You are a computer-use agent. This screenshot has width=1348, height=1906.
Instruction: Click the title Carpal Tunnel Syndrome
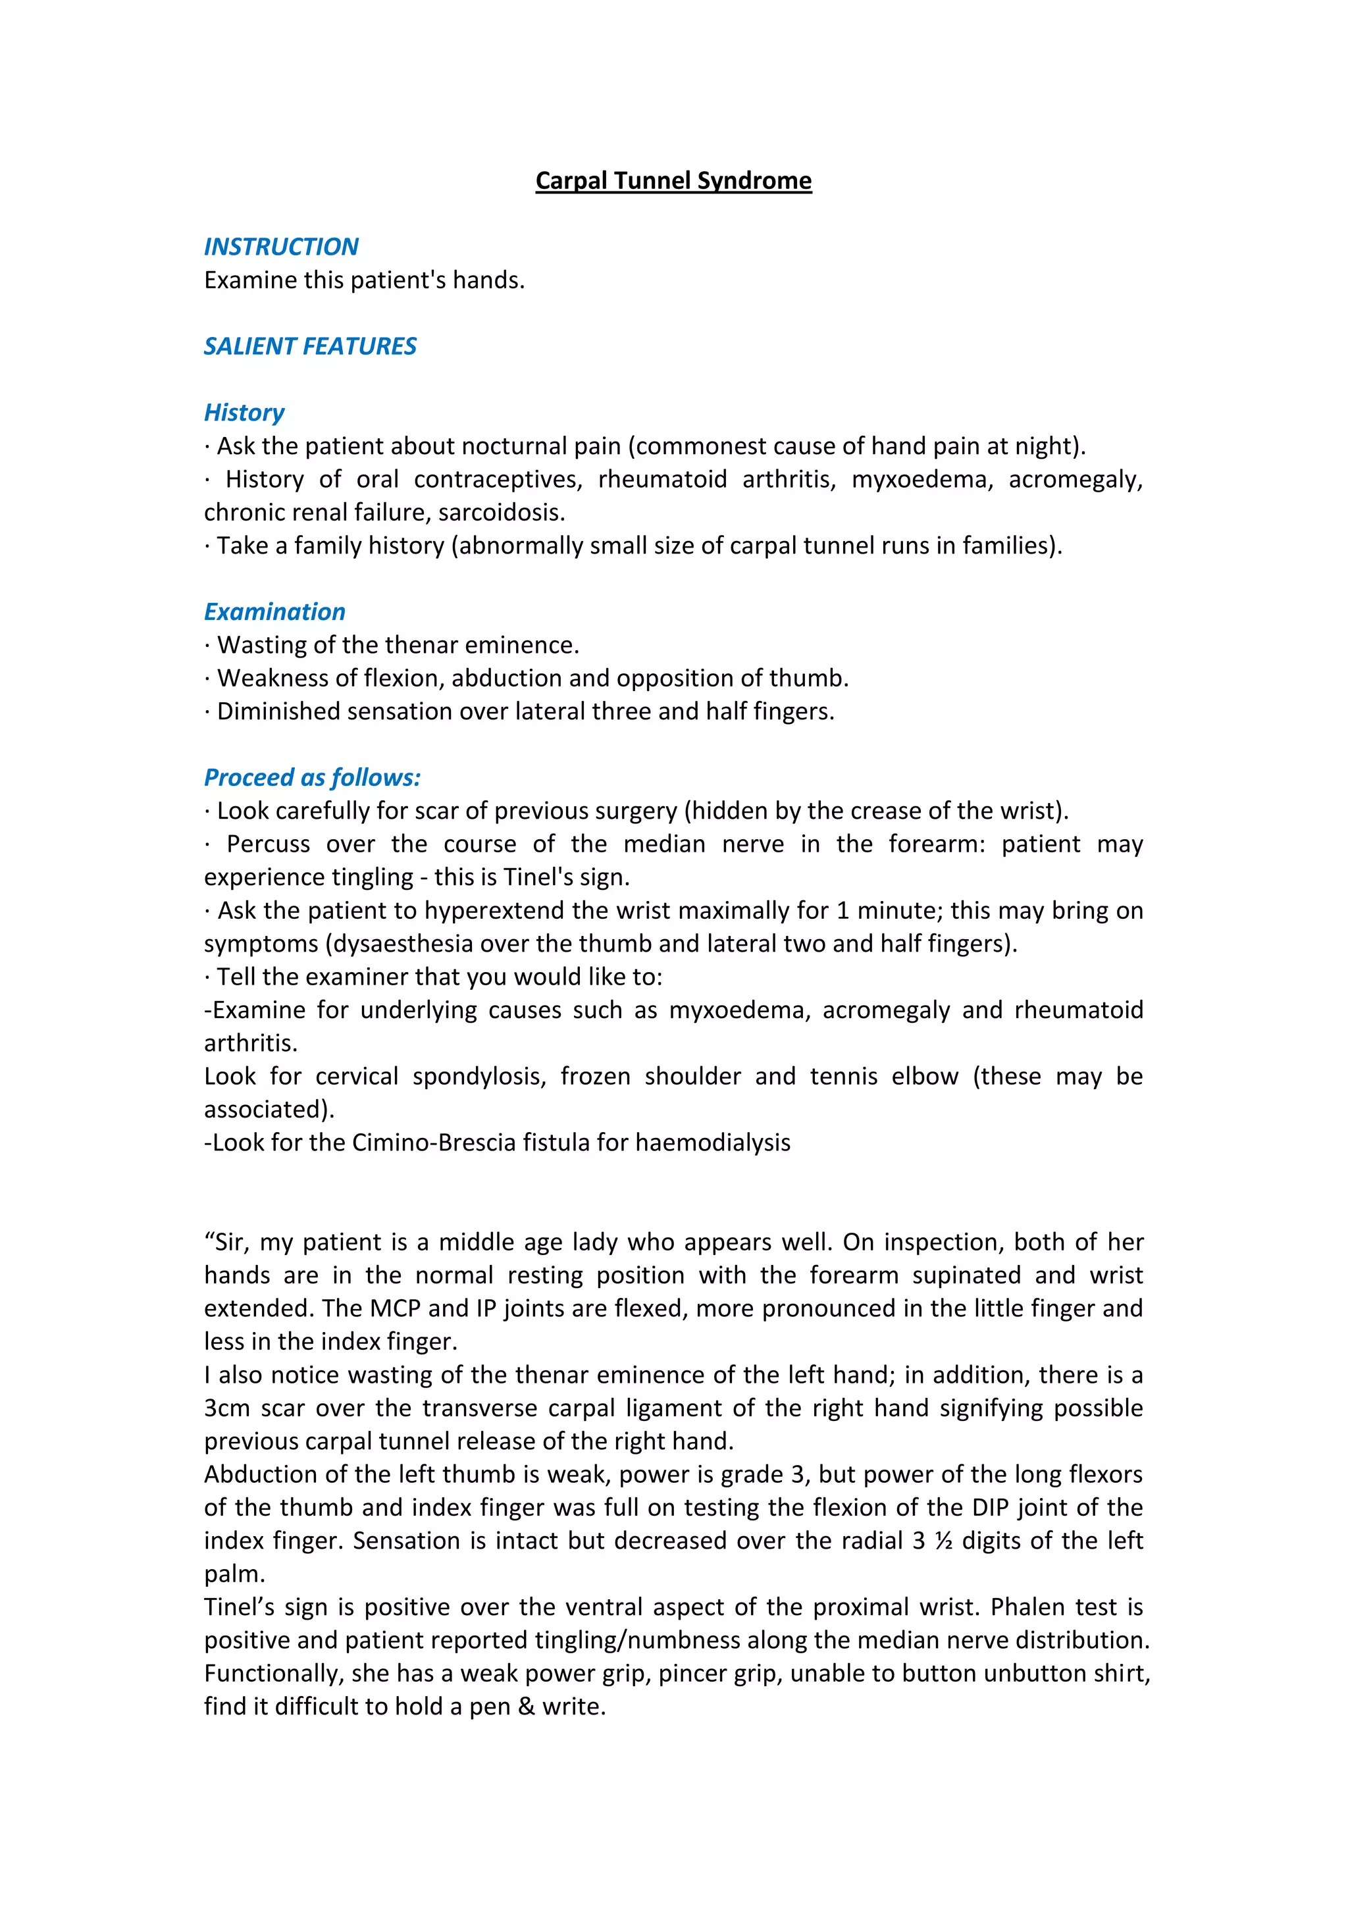[673, 180]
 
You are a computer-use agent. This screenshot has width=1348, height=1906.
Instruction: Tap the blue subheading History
[244, 413]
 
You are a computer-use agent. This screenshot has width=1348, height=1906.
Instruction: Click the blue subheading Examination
[274, 612]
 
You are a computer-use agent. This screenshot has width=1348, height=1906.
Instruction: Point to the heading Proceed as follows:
[312, 778]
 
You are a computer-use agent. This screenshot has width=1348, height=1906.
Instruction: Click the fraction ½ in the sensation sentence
[943, 1541]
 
